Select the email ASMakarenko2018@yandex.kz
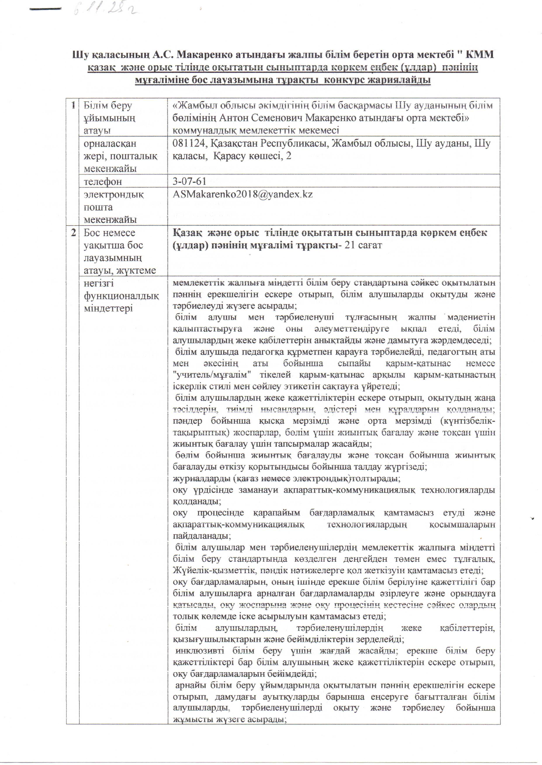243,194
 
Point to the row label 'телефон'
103,182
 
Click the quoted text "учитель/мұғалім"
212,375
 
